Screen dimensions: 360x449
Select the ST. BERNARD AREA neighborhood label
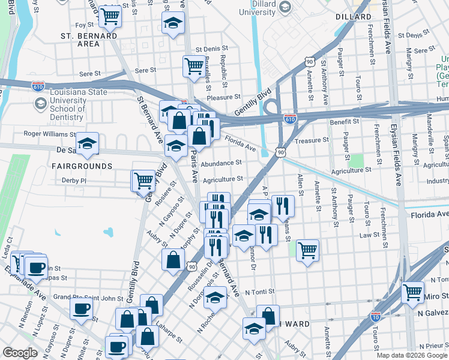[88, 40]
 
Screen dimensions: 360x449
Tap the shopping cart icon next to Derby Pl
[143, 179]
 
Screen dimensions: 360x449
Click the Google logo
[20, 353]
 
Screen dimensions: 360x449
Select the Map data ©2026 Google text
[412, 355]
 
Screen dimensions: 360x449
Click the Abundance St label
[221, 163]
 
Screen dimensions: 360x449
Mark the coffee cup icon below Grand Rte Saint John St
[81, 309]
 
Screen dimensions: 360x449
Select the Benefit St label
[344, 121]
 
